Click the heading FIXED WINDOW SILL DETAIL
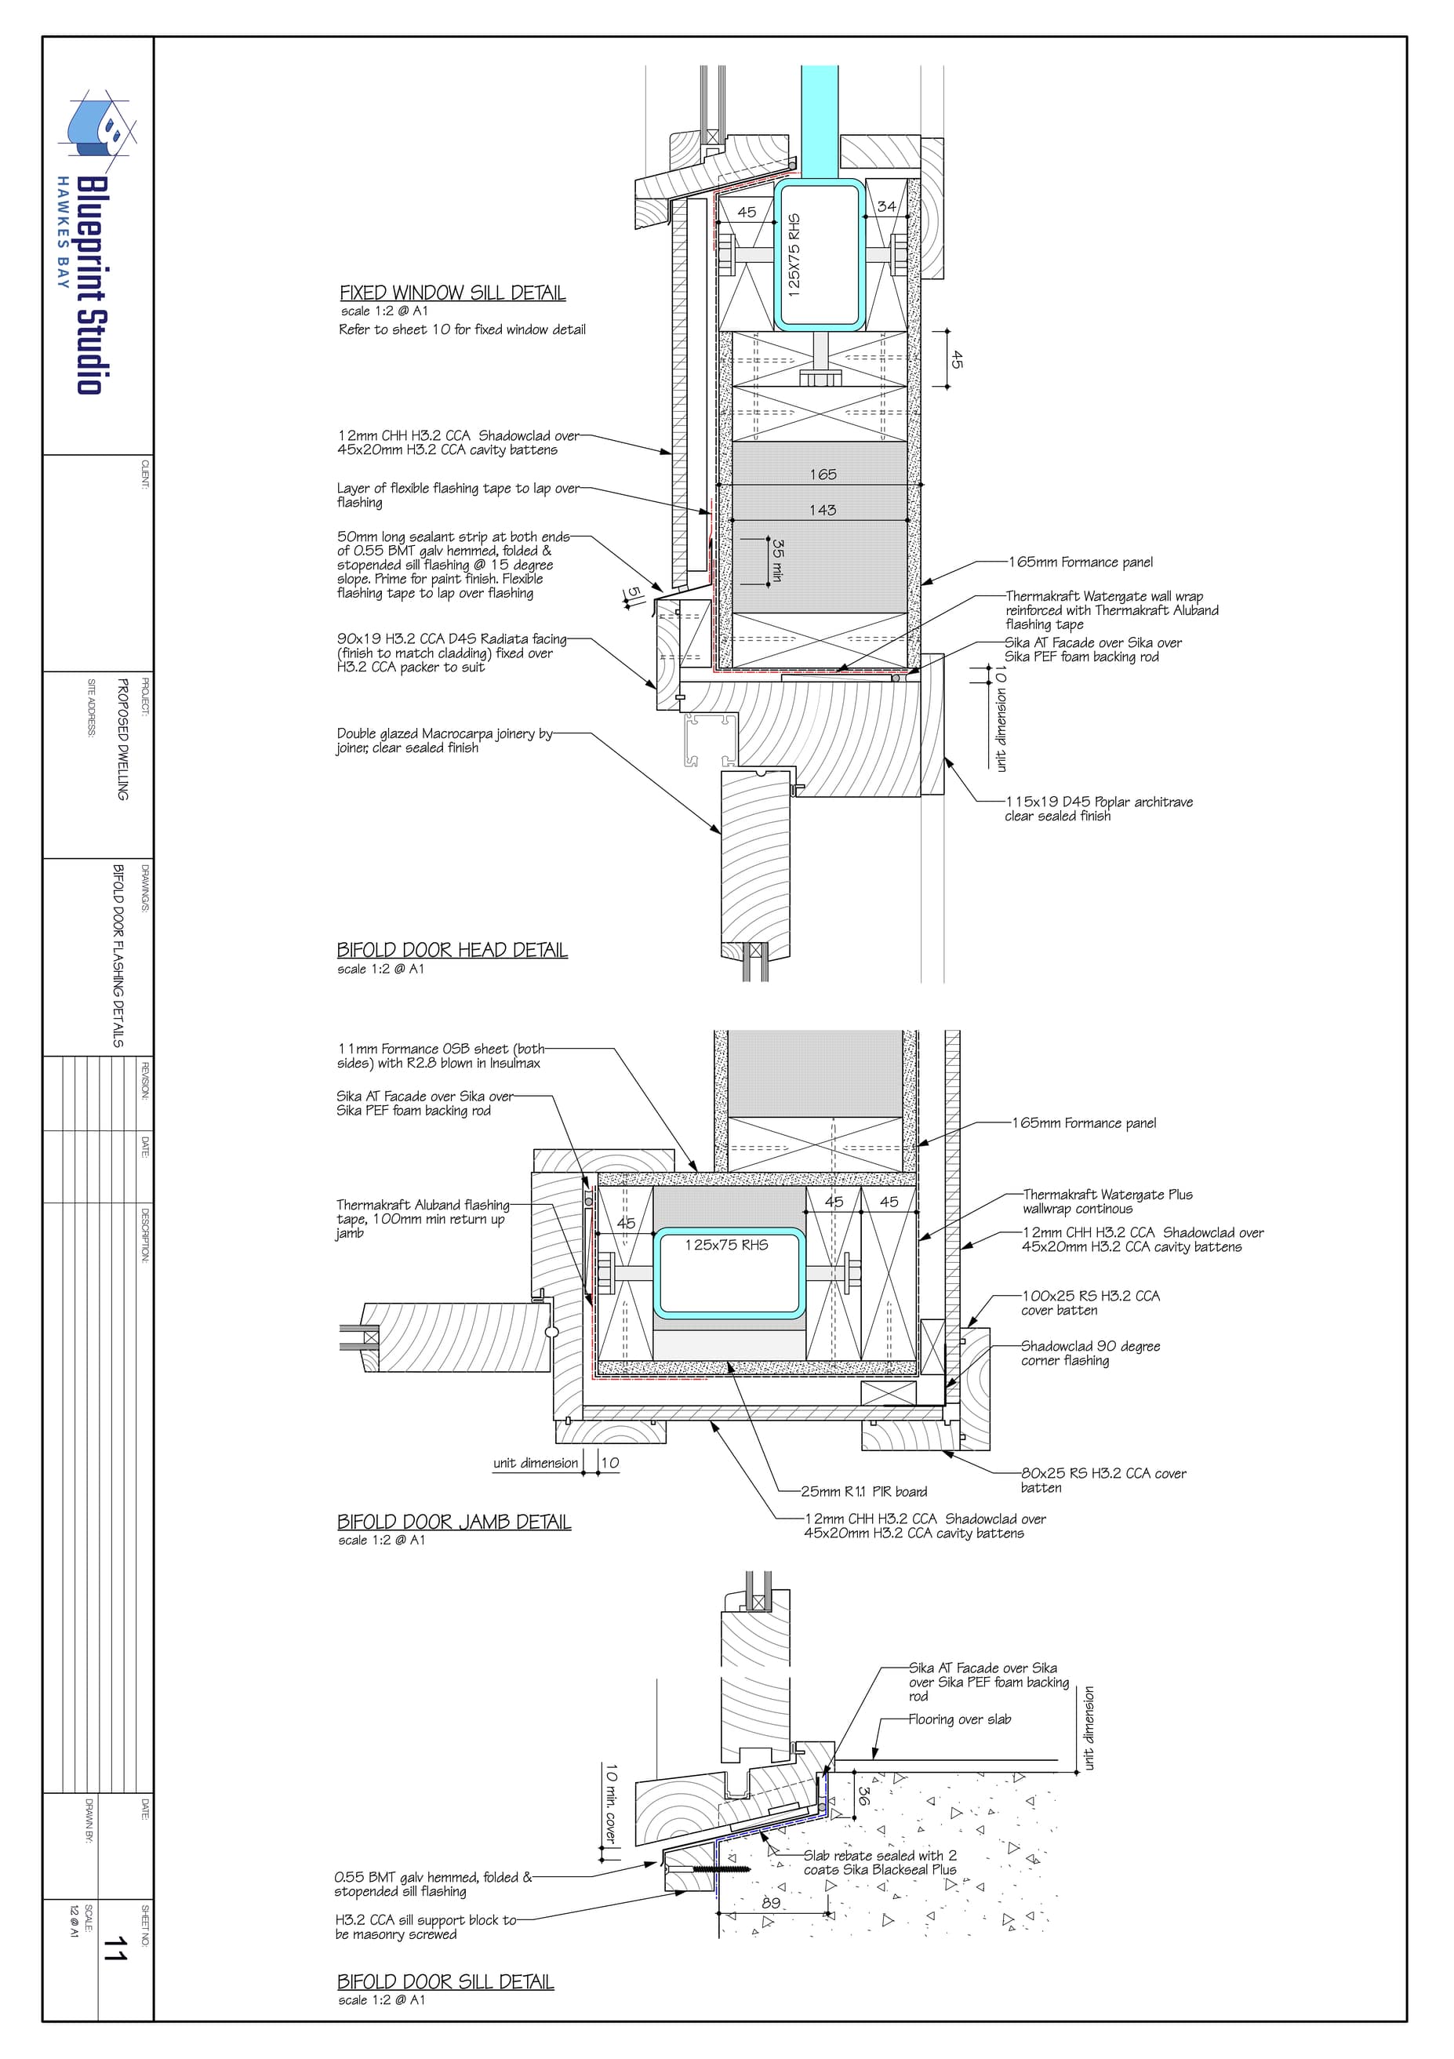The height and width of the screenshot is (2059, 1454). (x=453, y=293)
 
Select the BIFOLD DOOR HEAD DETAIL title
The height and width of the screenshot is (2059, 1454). (x=452, y=950)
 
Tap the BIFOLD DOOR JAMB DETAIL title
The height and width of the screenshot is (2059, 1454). (x=453, y=1522)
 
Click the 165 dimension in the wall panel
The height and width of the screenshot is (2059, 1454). (x=823, y=475)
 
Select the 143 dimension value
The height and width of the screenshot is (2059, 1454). (x=823, y=511)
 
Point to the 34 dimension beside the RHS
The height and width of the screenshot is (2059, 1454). (x=886, y=206)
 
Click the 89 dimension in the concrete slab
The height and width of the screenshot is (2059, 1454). (x=771, y=1901)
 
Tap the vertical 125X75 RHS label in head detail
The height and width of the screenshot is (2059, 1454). (x=794, y=255)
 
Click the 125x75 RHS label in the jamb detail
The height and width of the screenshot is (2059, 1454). (x=726, y=1245)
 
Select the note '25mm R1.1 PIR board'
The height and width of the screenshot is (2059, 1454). (x=864, y=1491)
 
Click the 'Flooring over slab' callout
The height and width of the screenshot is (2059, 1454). (x=959, y=1719)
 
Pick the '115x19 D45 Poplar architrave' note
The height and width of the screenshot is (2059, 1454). (x=1099, y=809)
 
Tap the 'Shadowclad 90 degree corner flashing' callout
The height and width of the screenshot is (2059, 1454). (x=1091, y=1353)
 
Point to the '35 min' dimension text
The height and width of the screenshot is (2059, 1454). (x=778, y=561)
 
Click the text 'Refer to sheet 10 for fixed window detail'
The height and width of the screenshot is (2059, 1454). (x=463, y=330)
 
